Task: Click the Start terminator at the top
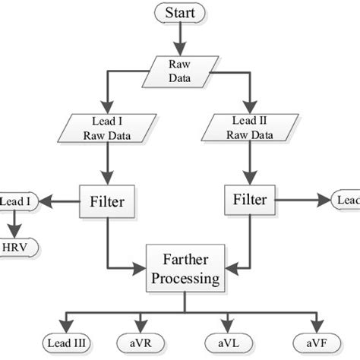[x=179, y=13]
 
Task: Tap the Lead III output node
[x=67, y=343]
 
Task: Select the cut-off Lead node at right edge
[x=346, y=201]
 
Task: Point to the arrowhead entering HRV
[x=14, y=234]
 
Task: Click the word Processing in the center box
[x=185, y=279]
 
